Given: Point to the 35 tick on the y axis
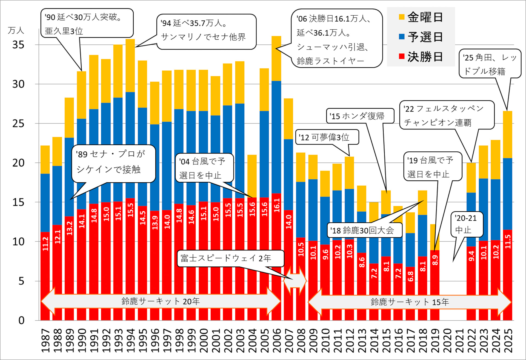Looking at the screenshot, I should [18, 45].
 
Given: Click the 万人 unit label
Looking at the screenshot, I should [16, 30].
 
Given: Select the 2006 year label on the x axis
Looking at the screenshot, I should [276, 340].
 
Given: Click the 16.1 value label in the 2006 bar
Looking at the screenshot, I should [277, 205].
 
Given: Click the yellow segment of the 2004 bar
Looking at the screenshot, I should [252, 176].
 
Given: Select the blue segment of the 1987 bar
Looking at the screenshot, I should [45, 203].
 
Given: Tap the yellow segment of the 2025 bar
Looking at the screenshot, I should [507, 134].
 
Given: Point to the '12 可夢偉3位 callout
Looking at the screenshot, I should [327, 137].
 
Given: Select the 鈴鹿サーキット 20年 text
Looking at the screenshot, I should [161, 301].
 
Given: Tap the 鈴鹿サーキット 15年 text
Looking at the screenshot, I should [410, 302].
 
